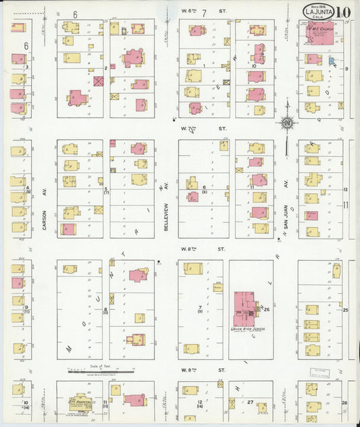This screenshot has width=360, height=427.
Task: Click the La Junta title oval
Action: (317, 12)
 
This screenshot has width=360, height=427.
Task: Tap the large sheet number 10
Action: (344, 13)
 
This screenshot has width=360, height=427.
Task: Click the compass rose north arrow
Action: (287, 124)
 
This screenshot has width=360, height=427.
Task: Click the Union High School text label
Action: (247, 329)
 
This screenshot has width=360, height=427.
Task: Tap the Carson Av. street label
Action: (45, 219)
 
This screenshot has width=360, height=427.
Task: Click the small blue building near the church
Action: (331, 61)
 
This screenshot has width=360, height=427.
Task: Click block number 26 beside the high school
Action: (267, 309)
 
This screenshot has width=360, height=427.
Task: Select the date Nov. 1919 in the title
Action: (311, 6)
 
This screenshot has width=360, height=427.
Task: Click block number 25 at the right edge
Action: (344, 309)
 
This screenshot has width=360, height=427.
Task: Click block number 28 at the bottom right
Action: (344, 402)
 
